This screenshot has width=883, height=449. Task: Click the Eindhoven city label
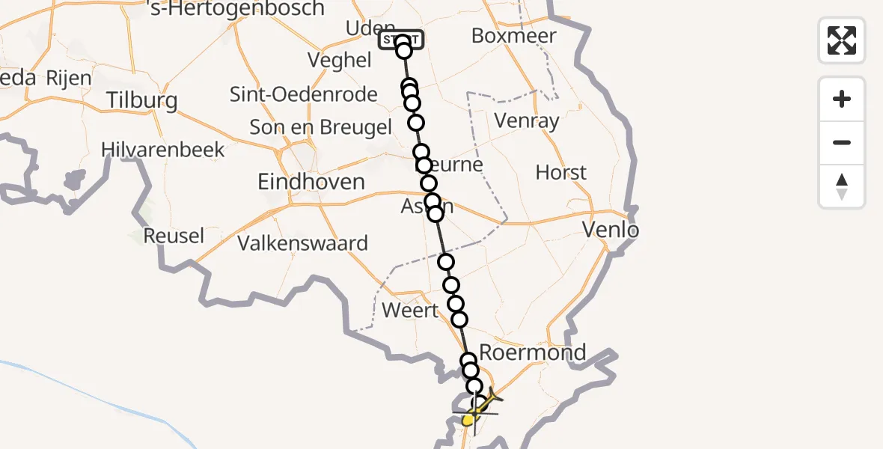pyautogui.click(x=311, y=182)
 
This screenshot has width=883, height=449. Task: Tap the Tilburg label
pyautogui.click(x=141, y=100)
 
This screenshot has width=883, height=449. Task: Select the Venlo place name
pyautogui.click(x=611, y=230)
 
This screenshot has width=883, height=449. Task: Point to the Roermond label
pyautogui.click(x=532, y=352)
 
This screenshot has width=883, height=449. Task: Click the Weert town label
pyautogui.click(x=409, y=310)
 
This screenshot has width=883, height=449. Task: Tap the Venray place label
pyautogui.click(x=527, y=120)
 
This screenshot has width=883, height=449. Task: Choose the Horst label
pyautogui.click(x=561, y=173)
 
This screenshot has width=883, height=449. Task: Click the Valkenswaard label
pyautogui.click(x=302, y=243)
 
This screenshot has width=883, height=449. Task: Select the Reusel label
pyautogui.click(x=174, y=236)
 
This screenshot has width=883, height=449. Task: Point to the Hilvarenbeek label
pyautogui.click(x=163, y=150)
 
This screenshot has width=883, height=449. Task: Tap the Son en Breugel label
pyautogui.click(x=320, y=127)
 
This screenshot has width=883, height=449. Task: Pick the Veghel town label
pyautogui.click(x=340, y=61)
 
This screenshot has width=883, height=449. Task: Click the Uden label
pyautogui.click(x=364, y=28)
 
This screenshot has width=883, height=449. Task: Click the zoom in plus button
pyautogui.click(x=842, y=99)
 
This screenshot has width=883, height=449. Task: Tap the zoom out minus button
pyautogui.click(x=842, y=142)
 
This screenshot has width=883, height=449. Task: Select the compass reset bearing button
pyautogui.click(x=842, y=186)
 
